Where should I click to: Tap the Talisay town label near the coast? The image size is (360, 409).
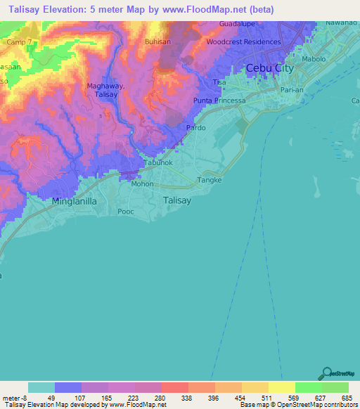coord(176,200)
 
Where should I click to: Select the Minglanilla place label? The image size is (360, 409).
coord(78,200)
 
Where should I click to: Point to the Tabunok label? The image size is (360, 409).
coord(158,162)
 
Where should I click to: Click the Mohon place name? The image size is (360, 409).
coord(143,184)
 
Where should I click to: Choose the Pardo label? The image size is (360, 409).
coord(195,129)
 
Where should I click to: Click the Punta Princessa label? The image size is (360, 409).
coord(219,101)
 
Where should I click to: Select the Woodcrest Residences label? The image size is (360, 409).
coord(243,41)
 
